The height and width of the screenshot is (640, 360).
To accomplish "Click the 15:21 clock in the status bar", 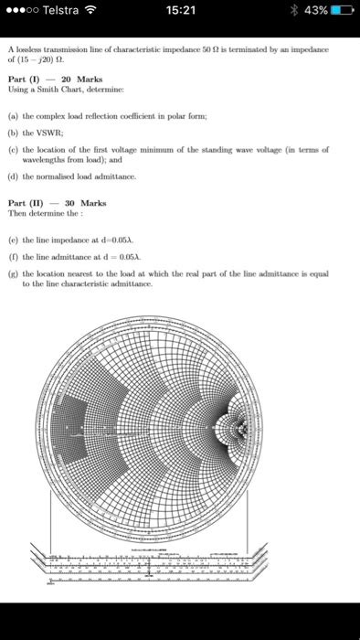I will pos(181,12).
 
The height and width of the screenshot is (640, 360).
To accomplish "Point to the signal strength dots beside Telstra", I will pos(22,12).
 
